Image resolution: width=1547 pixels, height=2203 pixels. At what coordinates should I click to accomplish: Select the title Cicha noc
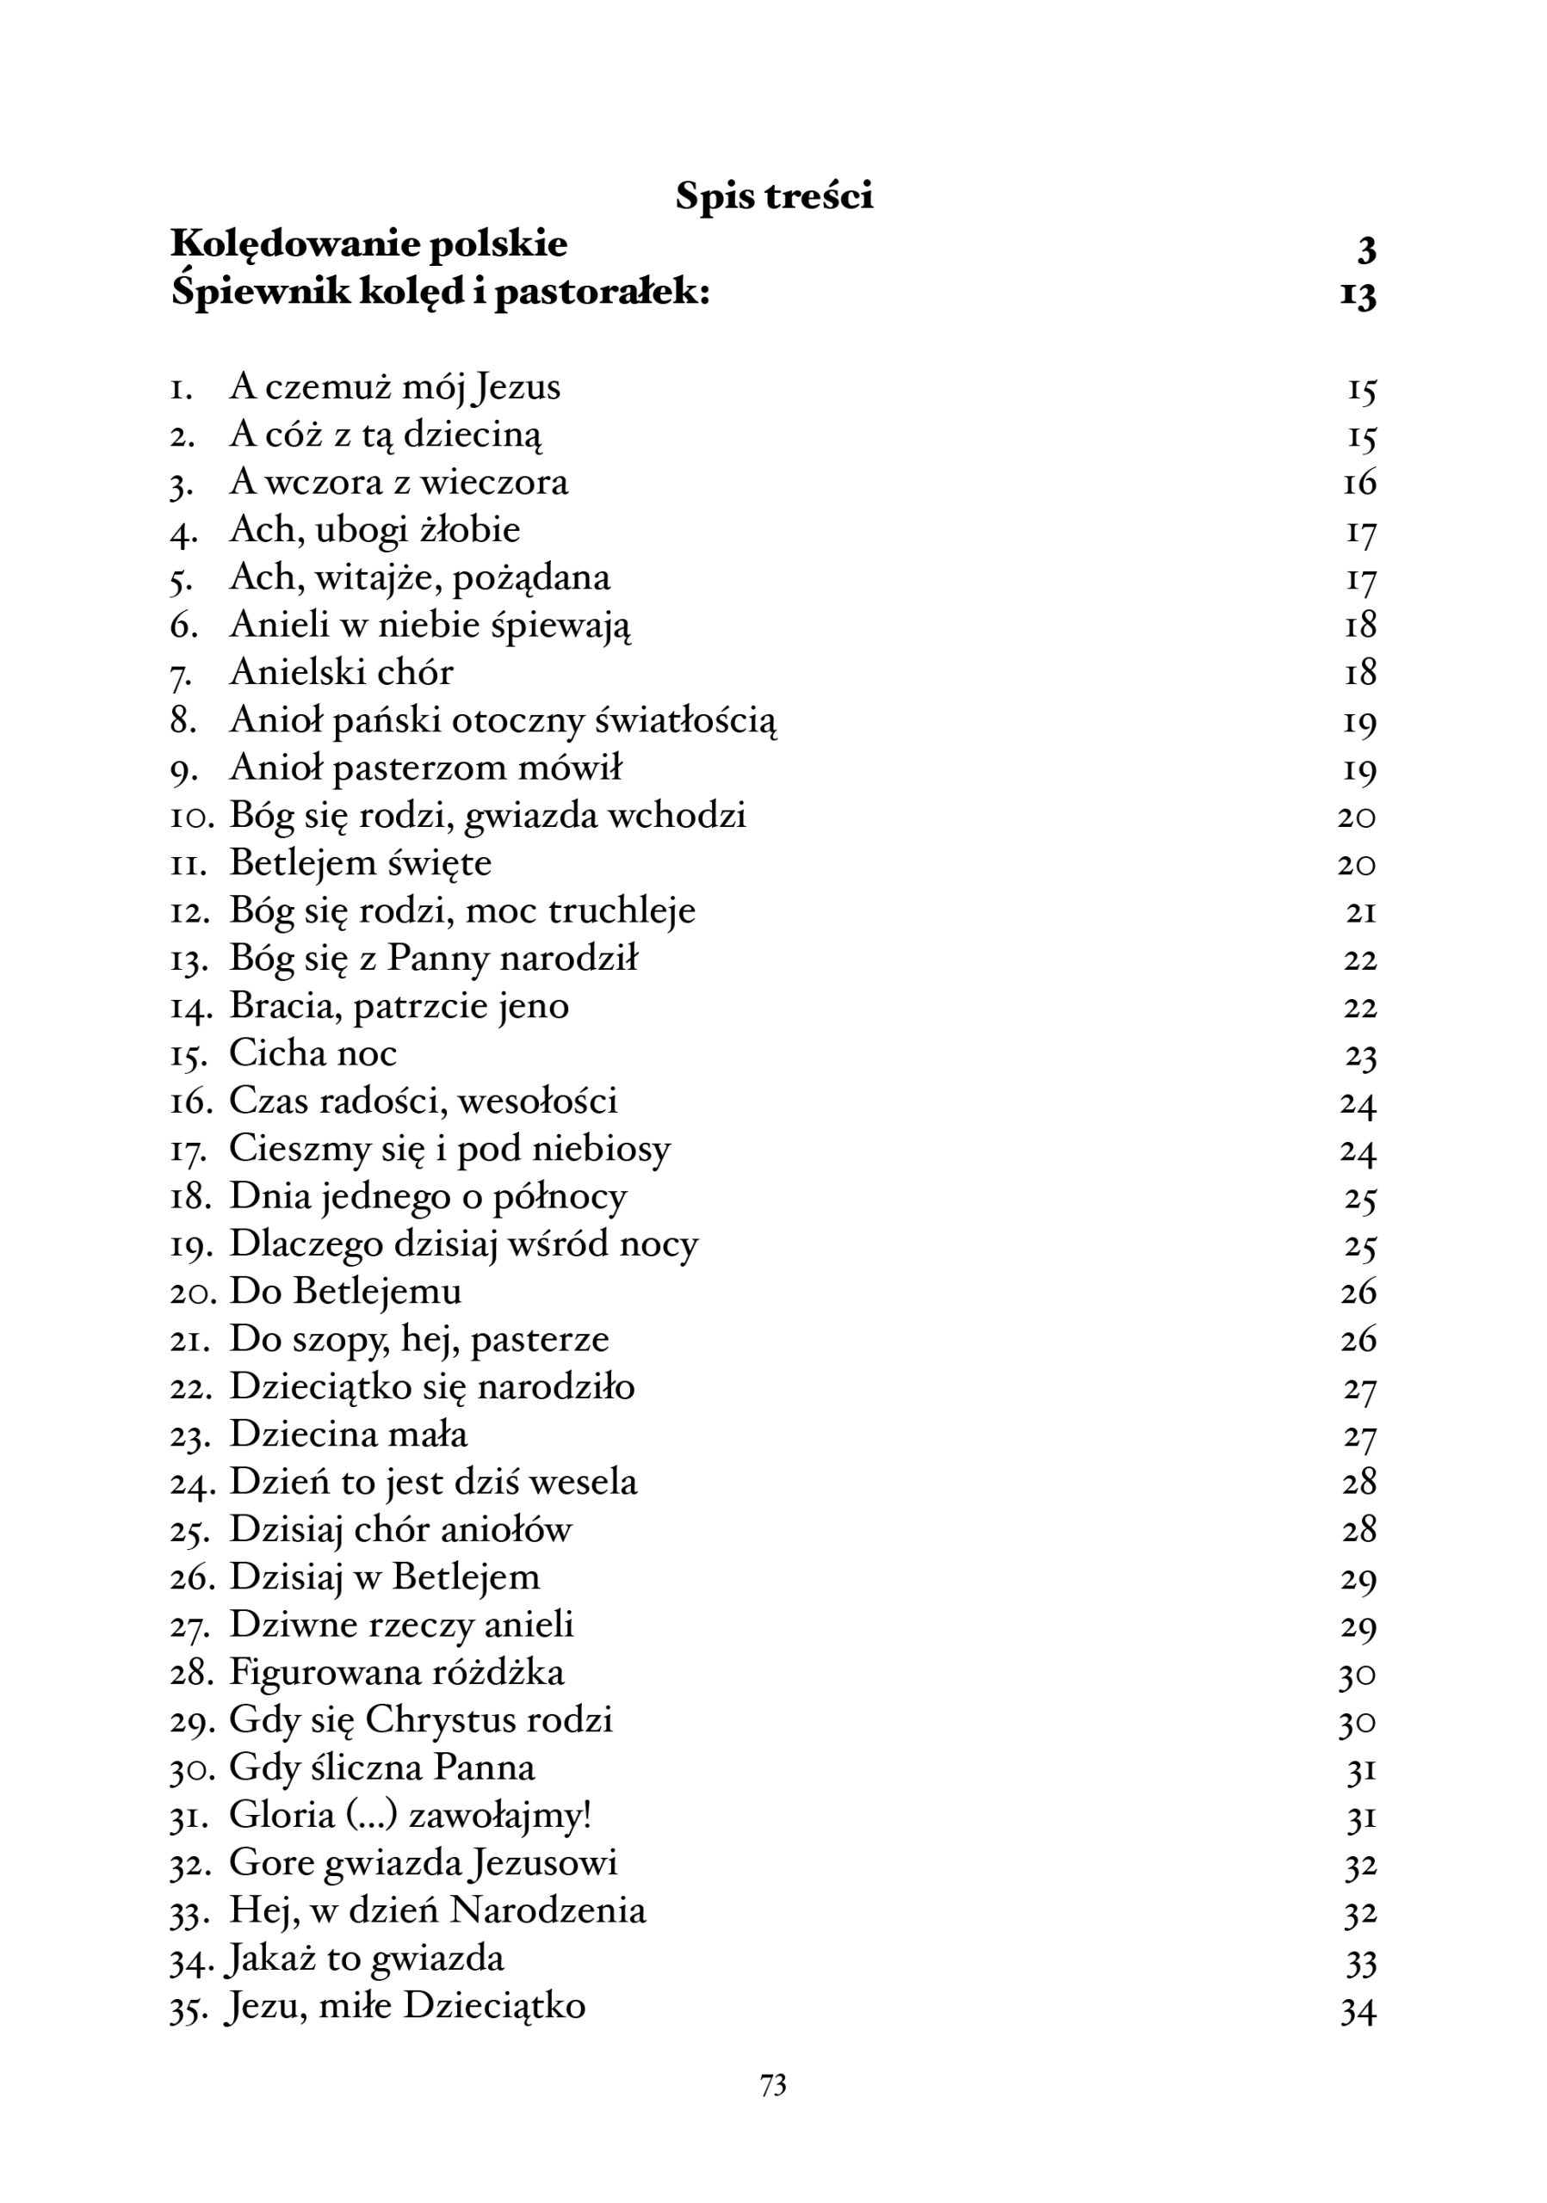(312, 1053)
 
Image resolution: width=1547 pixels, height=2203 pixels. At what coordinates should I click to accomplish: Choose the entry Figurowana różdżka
(396, 1672)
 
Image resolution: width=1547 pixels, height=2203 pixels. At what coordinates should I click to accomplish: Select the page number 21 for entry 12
(1360, 911)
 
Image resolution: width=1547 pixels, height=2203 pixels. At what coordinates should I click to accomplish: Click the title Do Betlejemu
(344, 1292)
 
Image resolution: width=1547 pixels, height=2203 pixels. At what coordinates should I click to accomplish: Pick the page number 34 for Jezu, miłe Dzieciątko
(1358, 2009)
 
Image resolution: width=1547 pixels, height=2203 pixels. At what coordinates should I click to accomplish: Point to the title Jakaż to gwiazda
(365, 1959)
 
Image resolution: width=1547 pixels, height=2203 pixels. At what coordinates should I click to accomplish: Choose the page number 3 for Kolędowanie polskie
(1366, 249)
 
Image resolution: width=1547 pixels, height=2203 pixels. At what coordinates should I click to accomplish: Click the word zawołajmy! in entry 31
(500, 1816)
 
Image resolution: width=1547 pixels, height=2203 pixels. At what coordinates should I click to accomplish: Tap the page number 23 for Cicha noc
(1360, 1055)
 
